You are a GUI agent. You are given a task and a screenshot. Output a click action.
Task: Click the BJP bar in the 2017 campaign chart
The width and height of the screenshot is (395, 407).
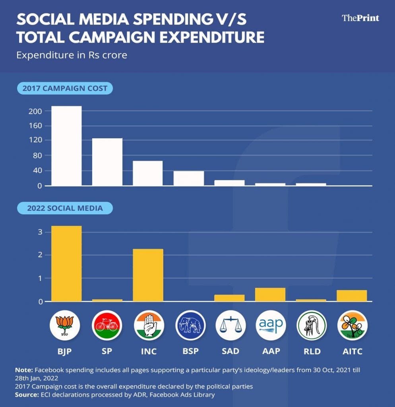(66, 146)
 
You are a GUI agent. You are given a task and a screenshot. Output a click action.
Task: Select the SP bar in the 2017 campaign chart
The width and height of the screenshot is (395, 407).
(107, 162)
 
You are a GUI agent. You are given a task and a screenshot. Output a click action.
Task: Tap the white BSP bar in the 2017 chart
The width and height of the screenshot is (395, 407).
(189, 178)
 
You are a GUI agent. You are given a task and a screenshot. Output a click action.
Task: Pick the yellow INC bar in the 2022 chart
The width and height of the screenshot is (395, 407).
(148, 275)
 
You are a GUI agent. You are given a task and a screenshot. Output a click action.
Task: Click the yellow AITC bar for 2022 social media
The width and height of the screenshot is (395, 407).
(352, 296)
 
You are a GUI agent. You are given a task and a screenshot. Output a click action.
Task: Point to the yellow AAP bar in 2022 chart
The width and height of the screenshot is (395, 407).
(270, 295)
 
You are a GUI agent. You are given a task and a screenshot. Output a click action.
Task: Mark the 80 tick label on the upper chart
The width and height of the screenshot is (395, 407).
(37, 156)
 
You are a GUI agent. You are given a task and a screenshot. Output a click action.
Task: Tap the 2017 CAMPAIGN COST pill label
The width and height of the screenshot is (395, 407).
(65, 88)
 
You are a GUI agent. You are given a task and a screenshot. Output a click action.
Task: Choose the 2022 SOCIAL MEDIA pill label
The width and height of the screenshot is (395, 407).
(65, 208)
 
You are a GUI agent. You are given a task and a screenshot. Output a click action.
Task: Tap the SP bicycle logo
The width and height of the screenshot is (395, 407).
(107, 326)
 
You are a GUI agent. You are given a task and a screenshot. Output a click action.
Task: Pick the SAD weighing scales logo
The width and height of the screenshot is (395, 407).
(230, 326)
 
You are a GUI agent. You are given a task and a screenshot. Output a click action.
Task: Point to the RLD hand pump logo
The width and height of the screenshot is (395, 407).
(311, 326)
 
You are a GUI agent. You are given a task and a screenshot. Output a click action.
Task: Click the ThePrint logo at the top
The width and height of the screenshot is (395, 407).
(360, 18)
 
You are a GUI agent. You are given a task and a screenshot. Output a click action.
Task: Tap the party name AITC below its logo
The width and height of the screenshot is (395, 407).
(352, 351)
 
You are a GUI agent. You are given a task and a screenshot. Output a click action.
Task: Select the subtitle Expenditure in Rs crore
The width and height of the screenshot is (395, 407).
(72, 55)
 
